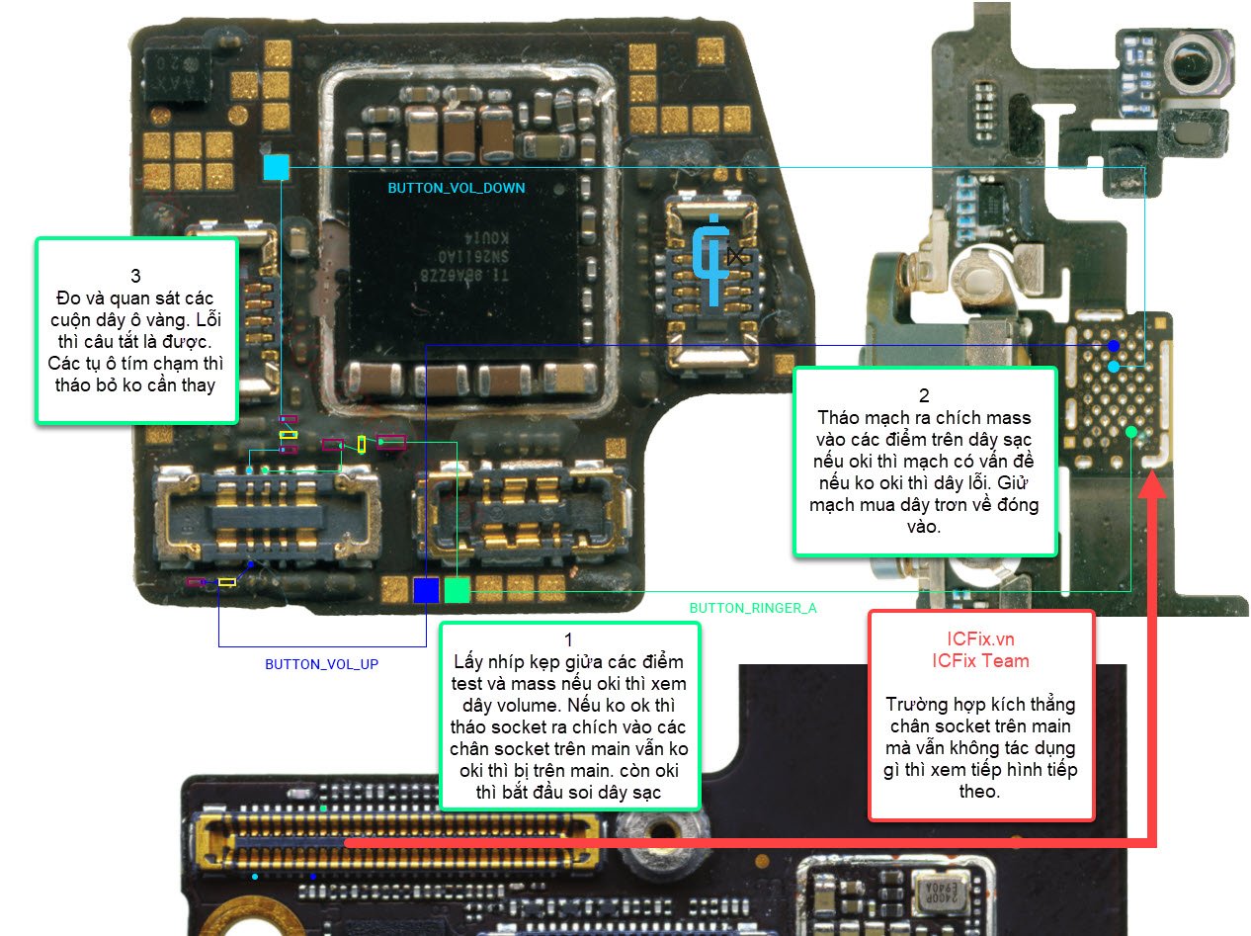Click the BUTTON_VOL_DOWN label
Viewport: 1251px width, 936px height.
point(456,188)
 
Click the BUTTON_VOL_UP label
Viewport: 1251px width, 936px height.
point(321,664)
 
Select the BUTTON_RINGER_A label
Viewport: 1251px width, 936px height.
point(753,608)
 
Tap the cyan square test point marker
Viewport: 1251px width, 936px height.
point(276,167)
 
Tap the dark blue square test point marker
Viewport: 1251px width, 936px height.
point(426,590)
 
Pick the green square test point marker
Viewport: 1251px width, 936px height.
point(457,590)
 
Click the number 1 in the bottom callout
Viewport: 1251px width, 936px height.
point(568,640)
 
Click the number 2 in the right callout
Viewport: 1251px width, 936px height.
point(924,395)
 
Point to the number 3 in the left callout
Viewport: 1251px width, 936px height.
point(135,276)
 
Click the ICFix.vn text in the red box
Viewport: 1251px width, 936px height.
point(980,639)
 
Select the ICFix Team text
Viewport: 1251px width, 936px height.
point(980,660)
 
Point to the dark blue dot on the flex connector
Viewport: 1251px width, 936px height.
point(1113,346)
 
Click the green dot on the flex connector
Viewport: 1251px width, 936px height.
point(1130,432)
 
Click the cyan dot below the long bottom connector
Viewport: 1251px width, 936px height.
point(255,877)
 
